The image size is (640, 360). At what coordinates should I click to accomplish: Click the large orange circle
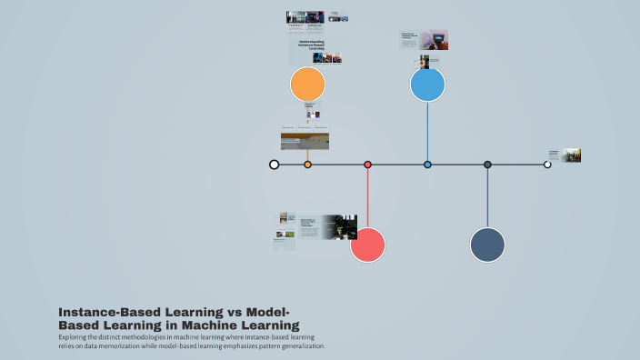[307, 85]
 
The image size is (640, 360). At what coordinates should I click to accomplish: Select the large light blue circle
[427, 85]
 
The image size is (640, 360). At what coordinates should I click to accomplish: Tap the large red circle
[367, 245]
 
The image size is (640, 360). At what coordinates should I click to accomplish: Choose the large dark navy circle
[487, 245]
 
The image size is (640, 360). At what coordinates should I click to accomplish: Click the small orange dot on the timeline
[307, 165]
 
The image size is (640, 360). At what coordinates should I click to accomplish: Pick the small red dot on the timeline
[367, 165]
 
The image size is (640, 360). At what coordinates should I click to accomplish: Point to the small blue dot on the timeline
[427, 165]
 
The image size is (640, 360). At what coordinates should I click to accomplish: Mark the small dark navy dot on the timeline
[487, 165]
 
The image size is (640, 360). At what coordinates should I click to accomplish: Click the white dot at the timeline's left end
[274, 165]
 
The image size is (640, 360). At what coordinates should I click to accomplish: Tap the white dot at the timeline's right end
[547, 165]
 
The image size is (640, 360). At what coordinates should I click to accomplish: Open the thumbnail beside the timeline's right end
[572, 155]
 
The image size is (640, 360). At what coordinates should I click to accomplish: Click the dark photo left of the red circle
[338, 226]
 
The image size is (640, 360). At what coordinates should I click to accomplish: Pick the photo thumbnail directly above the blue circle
[425, 62]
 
